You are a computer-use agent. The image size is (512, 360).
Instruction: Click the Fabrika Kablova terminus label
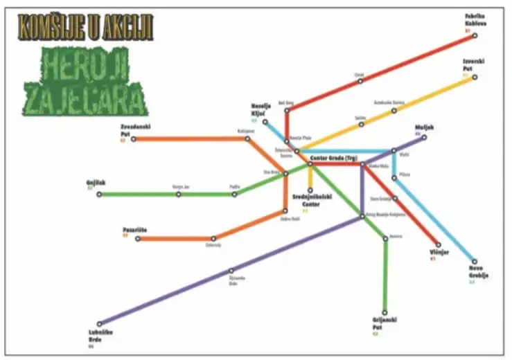476,19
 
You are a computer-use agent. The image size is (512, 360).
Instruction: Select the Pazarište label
135,229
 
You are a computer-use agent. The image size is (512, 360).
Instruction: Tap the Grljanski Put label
385,323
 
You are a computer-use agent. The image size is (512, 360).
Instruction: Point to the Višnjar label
439,252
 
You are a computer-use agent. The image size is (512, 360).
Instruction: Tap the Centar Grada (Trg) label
333,158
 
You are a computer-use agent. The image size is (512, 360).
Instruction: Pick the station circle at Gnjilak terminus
99,195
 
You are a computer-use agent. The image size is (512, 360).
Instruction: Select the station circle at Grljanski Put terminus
385,312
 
